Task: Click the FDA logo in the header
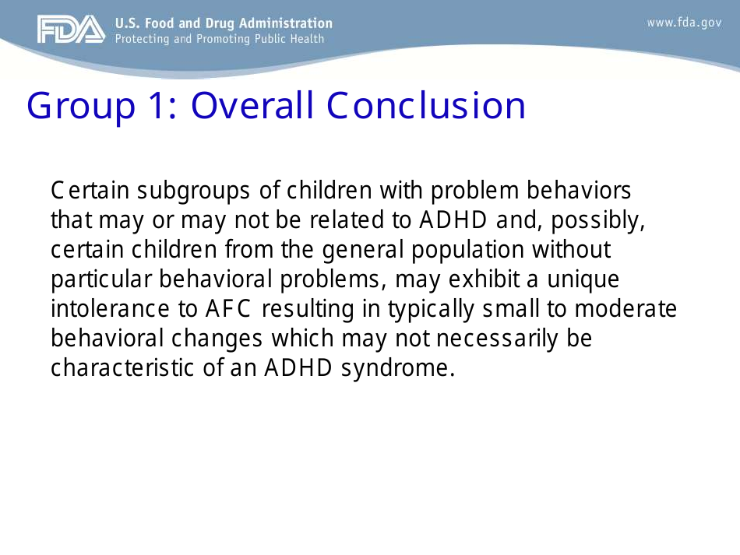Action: (70, 30)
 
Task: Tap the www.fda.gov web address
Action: (684, 23)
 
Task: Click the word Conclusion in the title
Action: (426, 106)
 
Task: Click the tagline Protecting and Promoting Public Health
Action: (220, 39)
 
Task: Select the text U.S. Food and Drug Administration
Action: (224, 23)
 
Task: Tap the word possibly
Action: (598, 220)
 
